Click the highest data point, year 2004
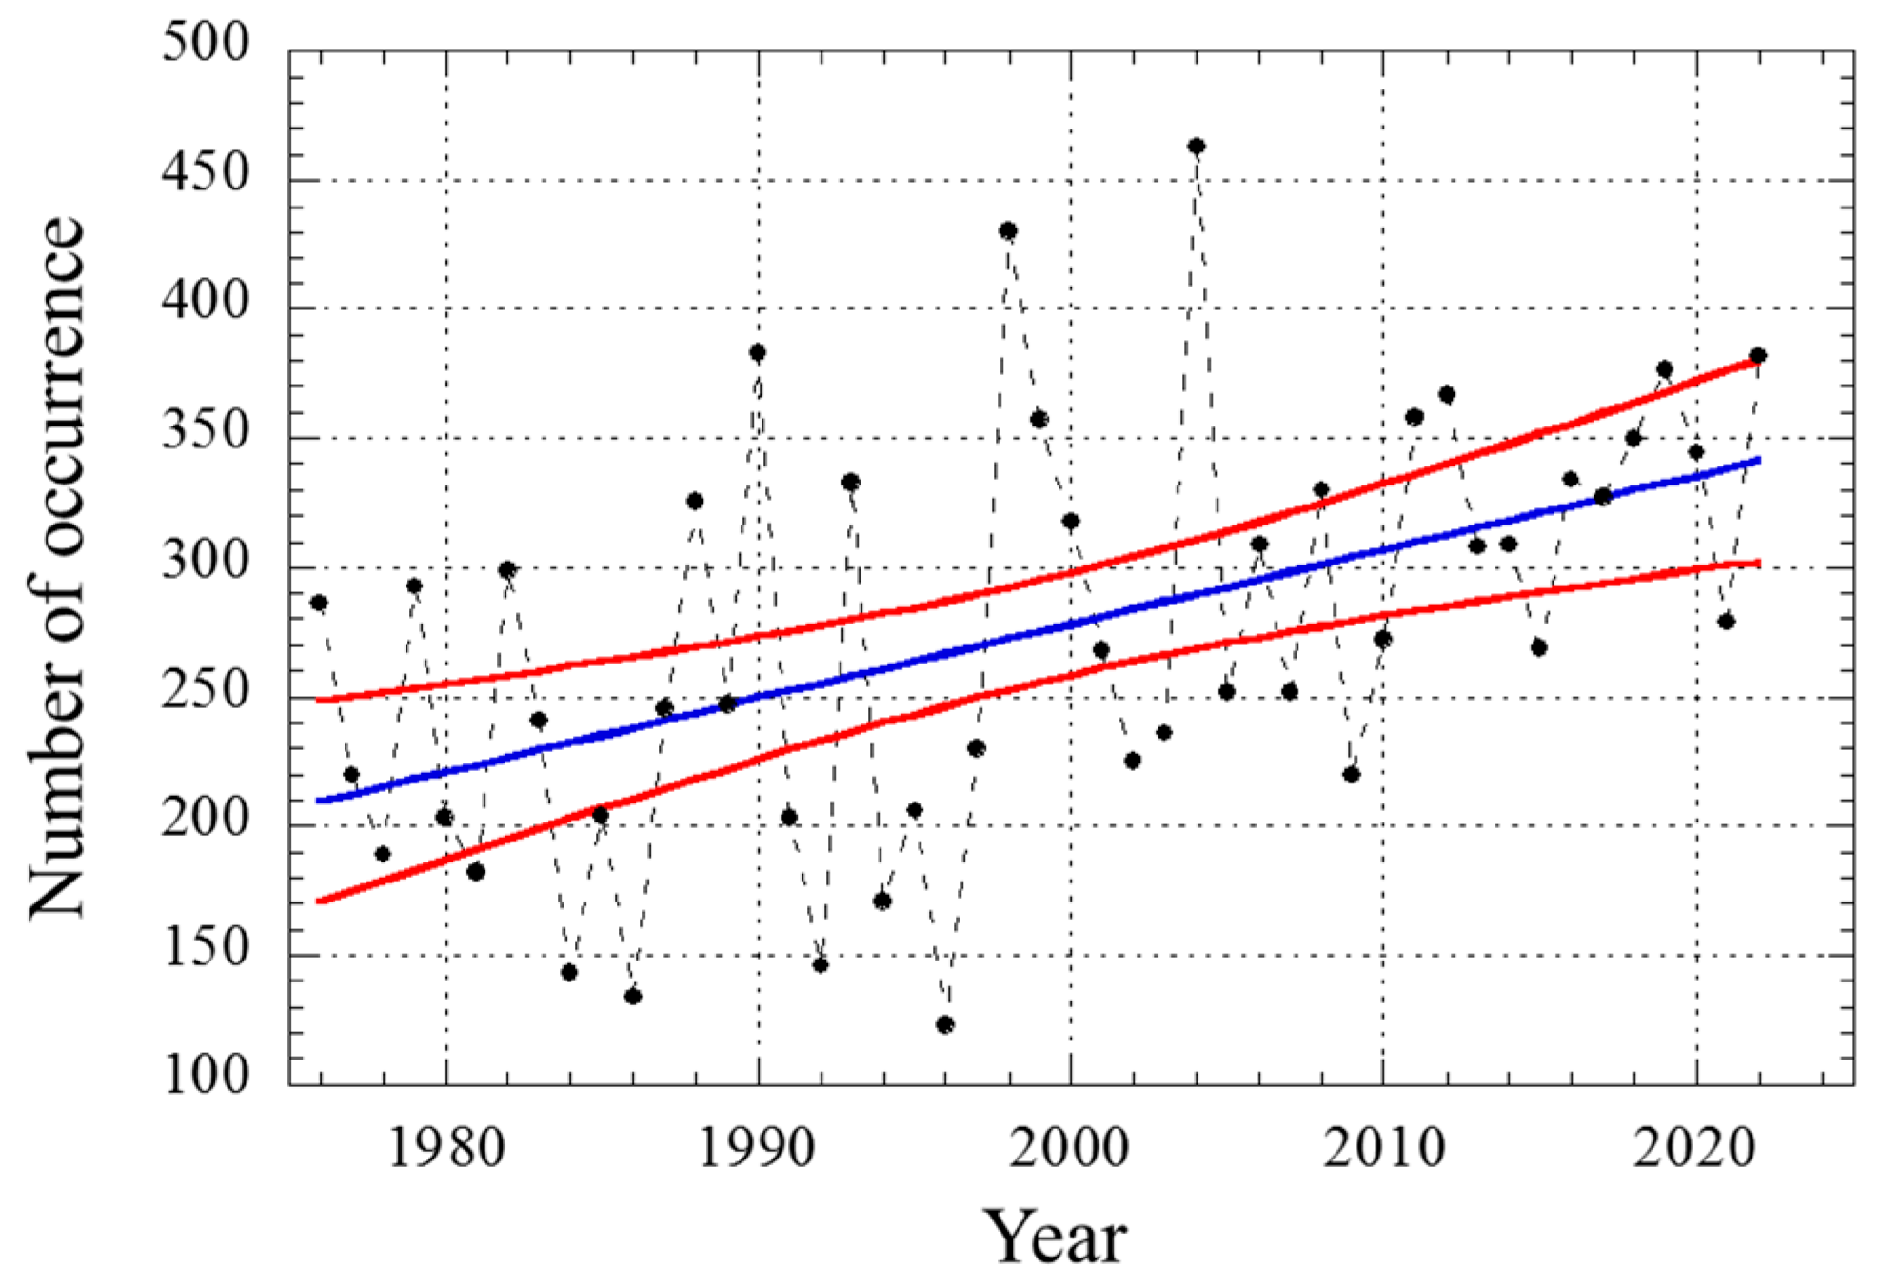(1197, 147)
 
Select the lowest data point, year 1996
(945, 1024)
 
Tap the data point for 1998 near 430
(1008, 231)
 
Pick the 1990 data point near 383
(758, 353)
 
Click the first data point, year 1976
(319, 603)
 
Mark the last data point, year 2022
(1758, 356)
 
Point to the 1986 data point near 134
(633, 997)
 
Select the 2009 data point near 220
(1352, 774)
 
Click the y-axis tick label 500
(205, 43)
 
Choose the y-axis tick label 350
(205, 430)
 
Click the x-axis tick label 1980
(446, 1148)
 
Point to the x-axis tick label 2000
(1070, 1148)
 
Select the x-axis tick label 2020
(1694, 1148)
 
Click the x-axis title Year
(1055, 1238)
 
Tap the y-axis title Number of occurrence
(57, 568)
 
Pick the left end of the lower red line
(320, 901)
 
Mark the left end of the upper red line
(320, 700)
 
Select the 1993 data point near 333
(851, 483)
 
